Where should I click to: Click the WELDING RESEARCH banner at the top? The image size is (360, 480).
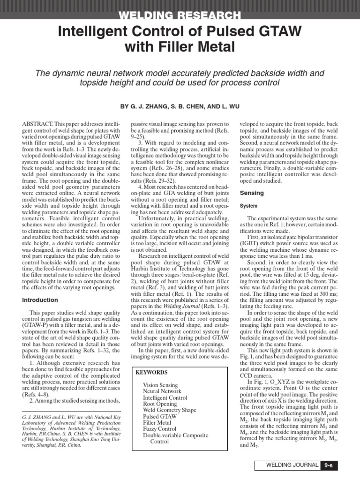point(180,16)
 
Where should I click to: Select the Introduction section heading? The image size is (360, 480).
point(40,300)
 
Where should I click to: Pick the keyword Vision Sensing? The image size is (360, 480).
point(160,385)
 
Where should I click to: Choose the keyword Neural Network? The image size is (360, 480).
point(162,391)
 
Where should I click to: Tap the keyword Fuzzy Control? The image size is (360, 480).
point(159,429)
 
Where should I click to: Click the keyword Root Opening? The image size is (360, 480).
point(160,404)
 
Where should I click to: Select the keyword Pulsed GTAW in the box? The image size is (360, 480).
point(160,416)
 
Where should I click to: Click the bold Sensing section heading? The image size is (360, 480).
point(252,193)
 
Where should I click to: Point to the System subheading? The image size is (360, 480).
point(249,206)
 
